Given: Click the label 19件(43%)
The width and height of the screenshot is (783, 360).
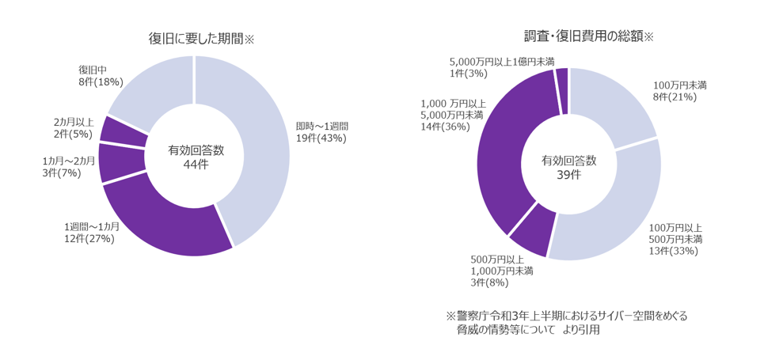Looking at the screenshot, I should pyautogui.click(x=321, y=138).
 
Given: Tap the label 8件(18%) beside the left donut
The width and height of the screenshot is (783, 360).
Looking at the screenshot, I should pyautogui.click(x=101, y=81).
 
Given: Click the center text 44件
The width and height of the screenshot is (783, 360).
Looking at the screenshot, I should pyautogui.click(x=195, y=164).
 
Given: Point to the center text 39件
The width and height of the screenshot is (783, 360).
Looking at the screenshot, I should pyautogui.click(x=568, y=174).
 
